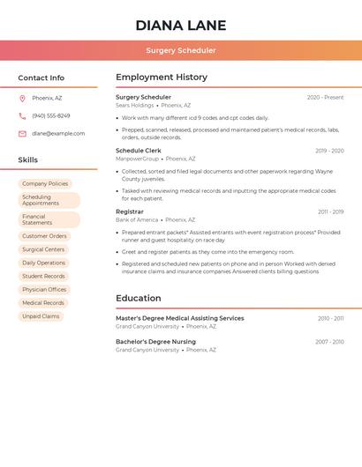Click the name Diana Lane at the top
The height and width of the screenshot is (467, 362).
coord(181,26)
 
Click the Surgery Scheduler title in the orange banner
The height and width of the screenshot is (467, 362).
coord(181,50)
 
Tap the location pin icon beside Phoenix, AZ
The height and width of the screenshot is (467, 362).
coord(22,98)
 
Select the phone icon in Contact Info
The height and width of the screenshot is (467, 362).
coord(22,115)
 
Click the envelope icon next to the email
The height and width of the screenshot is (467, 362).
coord(22,134)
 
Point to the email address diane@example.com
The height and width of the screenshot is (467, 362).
coord(58,134)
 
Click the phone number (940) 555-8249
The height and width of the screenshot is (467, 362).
coord(51,115)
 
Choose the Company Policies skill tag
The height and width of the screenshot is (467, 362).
coord(45,183)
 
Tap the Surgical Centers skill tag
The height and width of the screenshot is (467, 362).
coord(43,249)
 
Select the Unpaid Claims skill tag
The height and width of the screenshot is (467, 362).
coord(41,315)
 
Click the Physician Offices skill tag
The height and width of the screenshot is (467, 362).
coord(44,289)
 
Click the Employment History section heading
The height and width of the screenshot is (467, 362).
coord(162,78)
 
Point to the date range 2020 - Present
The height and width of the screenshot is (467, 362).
coord(325,97)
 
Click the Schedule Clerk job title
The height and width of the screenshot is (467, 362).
coord(139,151)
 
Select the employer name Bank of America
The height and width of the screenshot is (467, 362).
coord(136,220)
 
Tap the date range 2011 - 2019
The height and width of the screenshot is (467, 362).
coord(330,212)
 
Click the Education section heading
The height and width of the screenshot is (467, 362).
coord(139,298)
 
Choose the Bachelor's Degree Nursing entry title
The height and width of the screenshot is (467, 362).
coord(155,341)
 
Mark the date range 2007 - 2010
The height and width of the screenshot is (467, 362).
coord(329,342)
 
